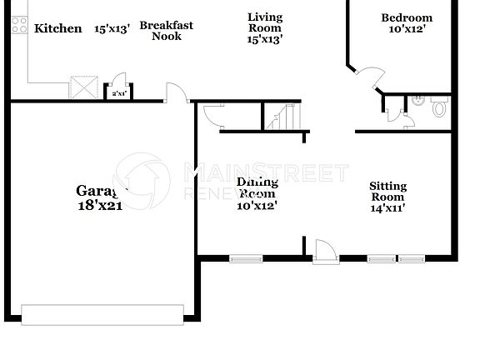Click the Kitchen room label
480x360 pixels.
tap(58, 29)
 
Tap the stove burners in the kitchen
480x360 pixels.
tap(17, 26)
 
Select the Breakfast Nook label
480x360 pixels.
tap(166, 31)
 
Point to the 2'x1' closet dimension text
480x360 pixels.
tap(117, 93)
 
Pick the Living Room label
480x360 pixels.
tap(265, 22)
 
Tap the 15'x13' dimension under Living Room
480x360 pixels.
tap(265, 39)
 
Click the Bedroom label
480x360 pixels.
tap(407, 18)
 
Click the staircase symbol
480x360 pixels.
tap(282, 117)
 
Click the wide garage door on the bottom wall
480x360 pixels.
tap(102, 313)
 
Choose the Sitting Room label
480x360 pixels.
tap(387, 192)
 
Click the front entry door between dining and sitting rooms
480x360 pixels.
tap(324, 252)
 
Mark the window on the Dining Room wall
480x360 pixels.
tap(247, 258)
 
